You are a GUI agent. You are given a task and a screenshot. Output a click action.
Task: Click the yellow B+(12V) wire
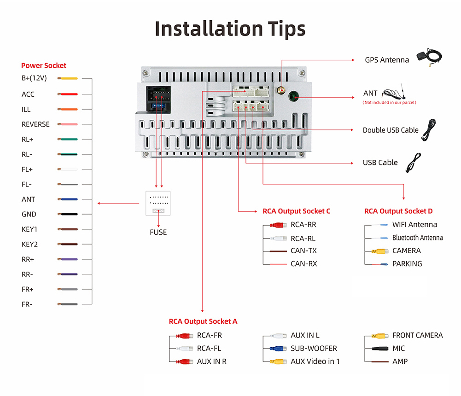[x=68, y=79]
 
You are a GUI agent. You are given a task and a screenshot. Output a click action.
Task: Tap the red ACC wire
[x=68, y=94]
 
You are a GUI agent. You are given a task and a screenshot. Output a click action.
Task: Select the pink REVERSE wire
[x=68, y=124]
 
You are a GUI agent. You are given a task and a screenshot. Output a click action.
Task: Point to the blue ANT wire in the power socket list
[x=68, y=199]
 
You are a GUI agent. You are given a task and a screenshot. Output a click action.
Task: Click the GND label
[x=29, y=214]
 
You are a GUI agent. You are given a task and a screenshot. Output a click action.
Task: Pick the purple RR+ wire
[x=68, y=259]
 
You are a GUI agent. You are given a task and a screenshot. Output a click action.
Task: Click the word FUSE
[x=158, y=232]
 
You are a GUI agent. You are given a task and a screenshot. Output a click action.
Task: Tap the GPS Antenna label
[x=387, y=60]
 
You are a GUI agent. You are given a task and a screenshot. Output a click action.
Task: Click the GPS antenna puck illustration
[x=422, y=55]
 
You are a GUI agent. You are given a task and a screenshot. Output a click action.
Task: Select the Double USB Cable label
[x=391, y=130]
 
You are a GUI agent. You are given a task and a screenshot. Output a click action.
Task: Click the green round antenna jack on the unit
[x=293, y=97]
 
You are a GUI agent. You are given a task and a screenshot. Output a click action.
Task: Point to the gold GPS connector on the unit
[x=280, y=90]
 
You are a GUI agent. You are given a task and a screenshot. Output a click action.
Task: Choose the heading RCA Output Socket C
[x=296, y=211]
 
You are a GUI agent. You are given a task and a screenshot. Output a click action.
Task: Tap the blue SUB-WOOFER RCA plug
[x=278, y=349]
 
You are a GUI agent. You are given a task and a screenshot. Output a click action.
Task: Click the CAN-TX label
[x=303, y=251]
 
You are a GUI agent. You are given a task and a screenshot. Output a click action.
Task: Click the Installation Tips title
[x=230, y=29]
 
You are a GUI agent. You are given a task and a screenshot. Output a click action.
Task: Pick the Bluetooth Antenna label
[x=417, y=238]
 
